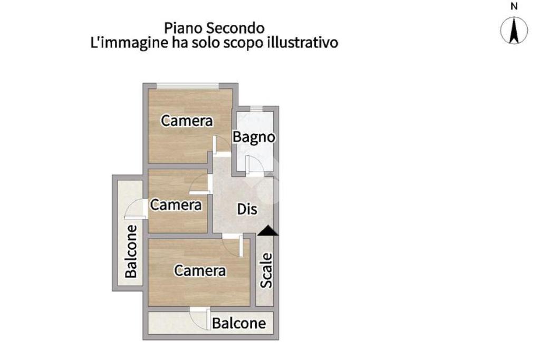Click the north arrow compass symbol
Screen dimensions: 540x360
(514, 30)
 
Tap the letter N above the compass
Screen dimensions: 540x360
(514, 6)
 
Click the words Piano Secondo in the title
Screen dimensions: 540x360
(214, 27)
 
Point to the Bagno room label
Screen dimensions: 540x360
(254, 137)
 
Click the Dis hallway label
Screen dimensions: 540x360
(247, 209)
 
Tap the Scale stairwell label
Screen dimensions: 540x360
(267, 270)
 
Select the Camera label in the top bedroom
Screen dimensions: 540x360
(187, 121)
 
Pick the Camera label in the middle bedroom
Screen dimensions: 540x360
(176, 205)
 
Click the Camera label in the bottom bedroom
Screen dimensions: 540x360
(200, 271)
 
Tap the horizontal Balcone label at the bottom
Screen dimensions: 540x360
(239, 323)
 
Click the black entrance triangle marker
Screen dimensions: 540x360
(268, 230)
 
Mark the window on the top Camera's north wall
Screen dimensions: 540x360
(188, 85)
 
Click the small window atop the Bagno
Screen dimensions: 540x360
(256, 109)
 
